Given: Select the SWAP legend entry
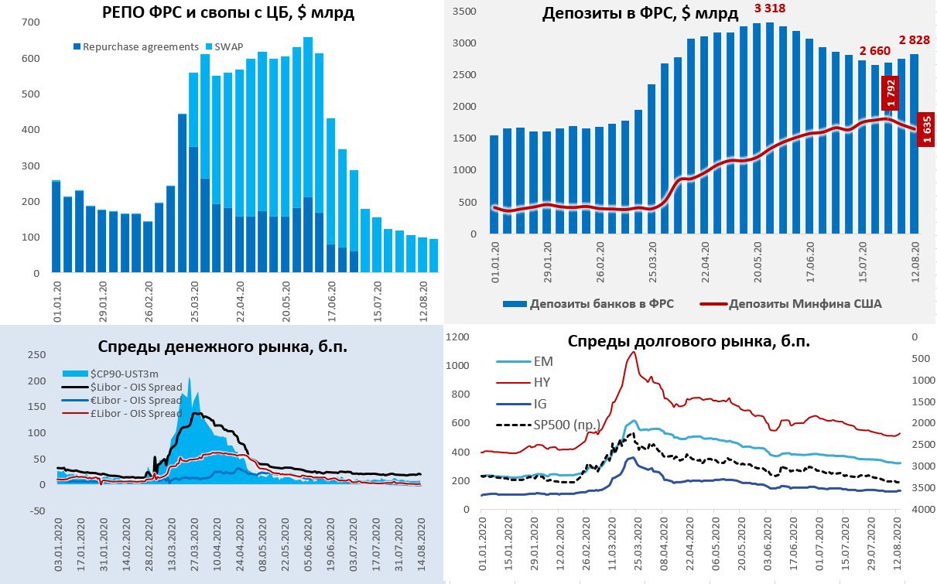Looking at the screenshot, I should (x=225, y=46).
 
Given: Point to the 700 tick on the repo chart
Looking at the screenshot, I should (x=31, y=22).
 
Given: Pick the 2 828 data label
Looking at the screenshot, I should (x=915, y=39).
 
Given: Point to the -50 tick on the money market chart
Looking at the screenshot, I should (x=36, y=510).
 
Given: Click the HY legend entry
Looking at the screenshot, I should (x=542, y=382).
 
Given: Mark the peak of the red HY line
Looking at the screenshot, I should (x=634, y=352).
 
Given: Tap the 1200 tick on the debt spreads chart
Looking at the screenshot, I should (x=458, y=336).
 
